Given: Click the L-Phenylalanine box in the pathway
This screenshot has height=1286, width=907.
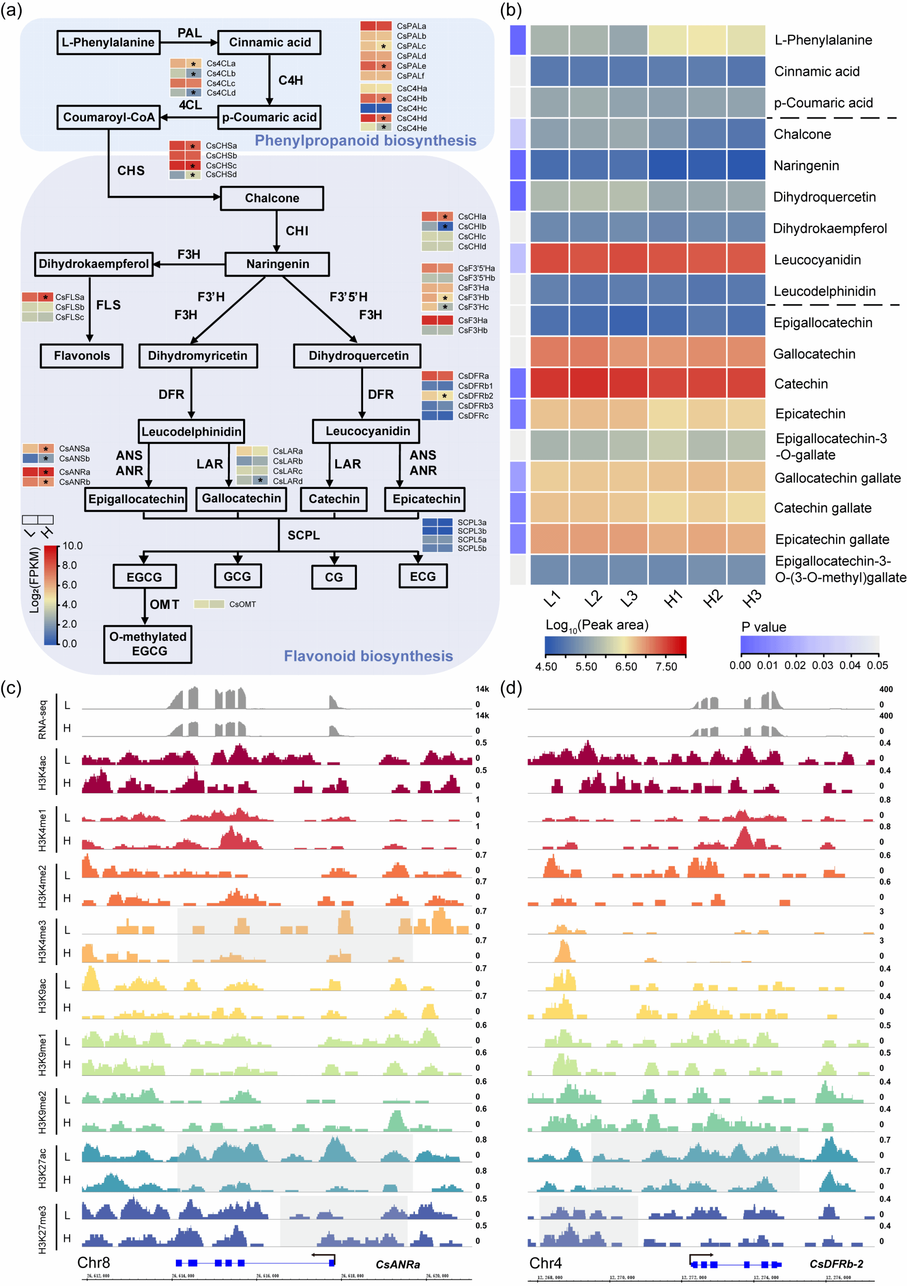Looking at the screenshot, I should pyautogui.click(x=108, y=42).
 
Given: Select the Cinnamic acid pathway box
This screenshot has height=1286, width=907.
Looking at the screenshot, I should pyautogui.click(x=269, y=42).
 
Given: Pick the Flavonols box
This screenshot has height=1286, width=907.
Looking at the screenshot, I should pyautogui.click(x=82, y=356).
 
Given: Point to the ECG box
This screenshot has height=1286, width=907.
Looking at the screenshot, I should pyautogui.click(x=422, y=576).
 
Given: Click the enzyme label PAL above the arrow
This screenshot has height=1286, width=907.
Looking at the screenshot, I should pyautogui.click(x=190, y=33).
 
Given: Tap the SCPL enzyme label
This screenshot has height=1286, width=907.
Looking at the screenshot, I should pyautogui.click(x=304, y=535).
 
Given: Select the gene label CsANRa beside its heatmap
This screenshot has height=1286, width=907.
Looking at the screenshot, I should pyautogui.click(x=74, y=472).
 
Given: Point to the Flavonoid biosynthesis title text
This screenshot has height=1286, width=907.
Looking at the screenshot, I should pyautogui.click(x=368, y=656).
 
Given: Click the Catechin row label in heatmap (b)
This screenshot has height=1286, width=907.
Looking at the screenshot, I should pyautogui.click(x=801, y=384).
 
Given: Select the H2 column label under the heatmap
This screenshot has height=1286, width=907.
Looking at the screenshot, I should pyautogui.click(x=713, y=599).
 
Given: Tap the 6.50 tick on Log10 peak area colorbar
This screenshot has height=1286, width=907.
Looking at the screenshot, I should pyautogui.click(x=626, y=666).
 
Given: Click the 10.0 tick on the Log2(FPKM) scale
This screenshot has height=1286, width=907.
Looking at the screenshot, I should pyautogui.click(x=72, y=546).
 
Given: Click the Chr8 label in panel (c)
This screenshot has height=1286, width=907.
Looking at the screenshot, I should pyautogui.click(x=93, y=1263).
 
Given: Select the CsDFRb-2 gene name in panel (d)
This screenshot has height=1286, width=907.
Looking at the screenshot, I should pyautogui.click(x=836, y=1263).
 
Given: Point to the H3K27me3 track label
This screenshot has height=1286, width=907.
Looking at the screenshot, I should pyautogui.click(x=43, y=1229).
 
